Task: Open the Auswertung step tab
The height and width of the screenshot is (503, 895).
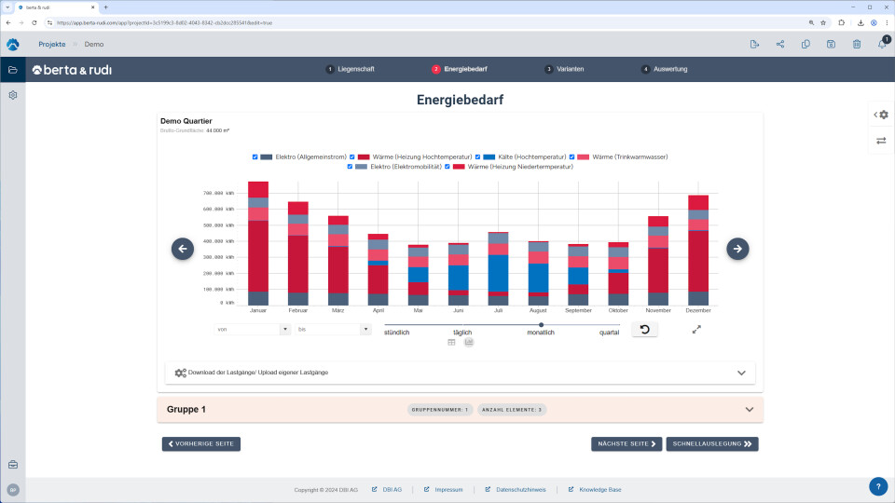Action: coord(665,70)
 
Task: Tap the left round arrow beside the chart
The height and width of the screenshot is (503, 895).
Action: coord(183,249)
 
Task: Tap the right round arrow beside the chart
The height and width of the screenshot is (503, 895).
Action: coord(737,249)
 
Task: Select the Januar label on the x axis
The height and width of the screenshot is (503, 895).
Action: coord(258,310)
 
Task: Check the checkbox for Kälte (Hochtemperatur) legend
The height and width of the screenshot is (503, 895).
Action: coord(479,156)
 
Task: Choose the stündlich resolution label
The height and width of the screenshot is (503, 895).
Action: coord(396,333)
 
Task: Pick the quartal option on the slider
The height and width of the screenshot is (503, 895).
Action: coord(609,333)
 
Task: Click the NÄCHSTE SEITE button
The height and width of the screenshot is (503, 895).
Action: coord(626,444)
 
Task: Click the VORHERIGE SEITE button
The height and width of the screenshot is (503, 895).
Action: coord(200,444)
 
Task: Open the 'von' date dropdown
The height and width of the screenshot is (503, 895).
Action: coord(253,329)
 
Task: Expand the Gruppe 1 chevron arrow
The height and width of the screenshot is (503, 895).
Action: coord(750,409)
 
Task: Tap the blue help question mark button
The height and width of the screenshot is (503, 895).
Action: coord(878,486)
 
